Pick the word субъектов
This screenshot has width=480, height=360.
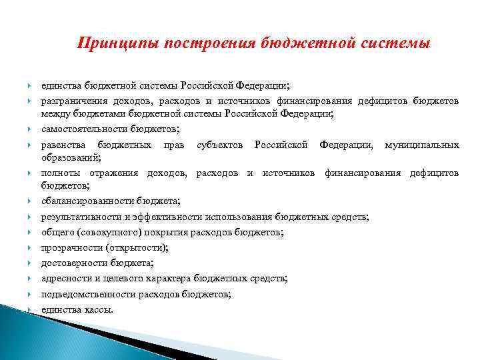219,145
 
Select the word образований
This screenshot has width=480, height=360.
70,158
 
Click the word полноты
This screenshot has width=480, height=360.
58,173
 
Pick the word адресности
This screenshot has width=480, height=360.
65,278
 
